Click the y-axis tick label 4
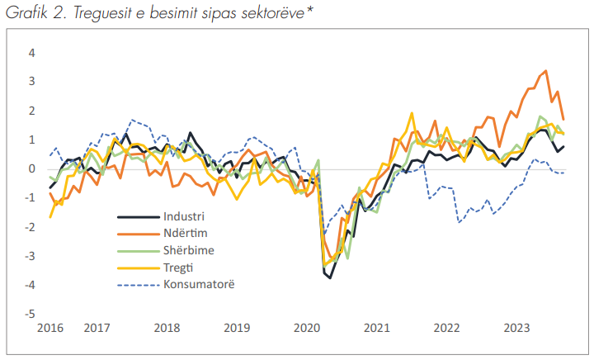pos(33,53)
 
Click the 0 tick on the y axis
pos(33,169)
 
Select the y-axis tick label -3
pos(31,257)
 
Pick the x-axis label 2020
pos(306,328)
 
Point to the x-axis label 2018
pos(167,328)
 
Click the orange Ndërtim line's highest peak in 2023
pos(545,71)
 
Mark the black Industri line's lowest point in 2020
pos(331,277)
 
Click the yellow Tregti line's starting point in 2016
pos(50,216)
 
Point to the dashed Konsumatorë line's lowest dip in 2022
pos(459,222)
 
